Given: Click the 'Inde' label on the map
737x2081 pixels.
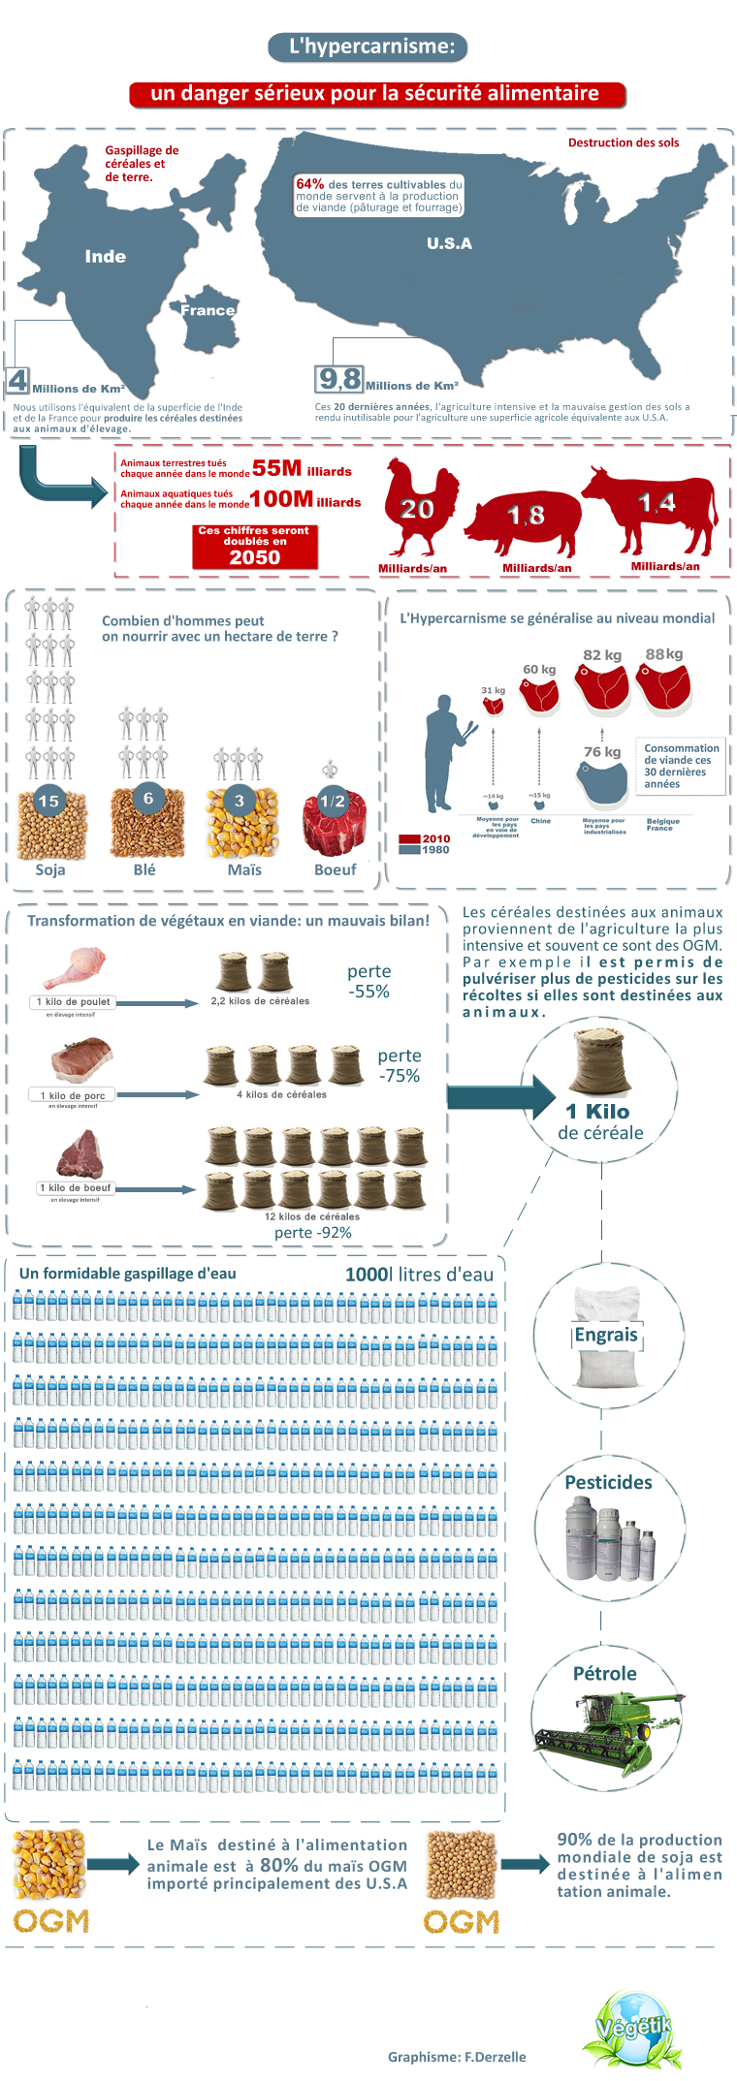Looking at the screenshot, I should coord(105,257).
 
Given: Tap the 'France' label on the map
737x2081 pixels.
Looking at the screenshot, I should coord(208,310).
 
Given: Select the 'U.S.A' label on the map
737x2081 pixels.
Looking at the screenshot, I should coord(449,243).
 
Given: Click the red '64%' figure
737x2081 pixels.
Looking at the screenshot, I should coord(310,184).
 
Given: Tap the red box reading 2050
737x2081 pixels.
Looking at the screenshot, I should coord(254,549).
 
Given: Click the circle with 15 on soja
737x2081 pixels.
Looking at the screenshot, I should coord(48,801).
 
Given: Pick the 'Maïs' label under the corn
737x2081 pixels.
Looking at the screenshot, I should coord(244,869).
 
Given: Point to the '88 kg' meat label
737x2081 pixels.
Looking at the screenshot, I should coord(664,654).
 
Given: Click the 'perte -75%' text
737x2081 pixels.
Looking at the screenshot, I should coord(399,1065).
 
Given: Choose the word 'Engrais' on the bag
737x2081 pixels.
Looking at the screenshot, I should coord(606,1335).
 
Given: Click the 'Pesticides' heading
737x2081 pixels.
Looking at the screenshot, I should coord(608,1482).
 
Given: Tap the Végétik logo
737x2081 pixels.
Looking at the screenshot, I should coord(633,2028).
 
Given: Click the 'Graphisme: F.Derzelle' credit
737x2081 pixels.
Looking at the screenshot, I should coord(457,2057).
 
